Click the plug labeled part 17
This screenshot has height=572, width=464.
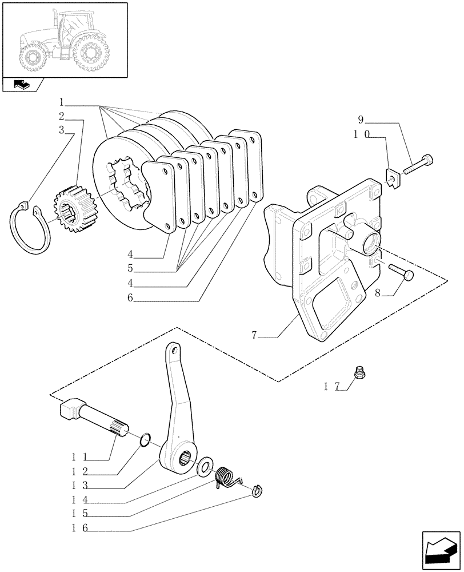361,373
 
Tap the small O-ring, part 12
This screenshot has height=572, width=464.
146,439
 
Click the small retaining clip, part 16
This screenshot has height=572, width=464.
258,490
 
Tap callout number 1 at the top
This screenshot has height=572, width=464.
61,103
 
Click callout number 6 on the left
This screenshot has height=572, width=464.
130,297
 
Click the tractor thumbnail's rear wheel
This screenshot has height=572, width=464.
90,53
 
